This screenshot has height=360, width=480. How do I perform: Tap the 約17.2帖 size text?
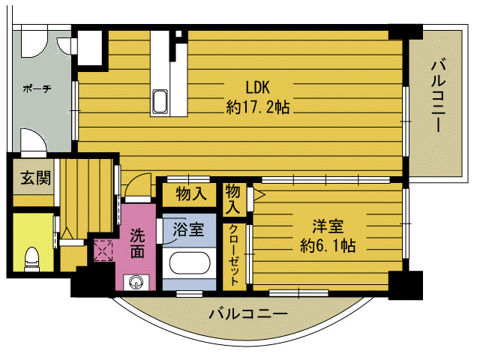[x=258, y=106]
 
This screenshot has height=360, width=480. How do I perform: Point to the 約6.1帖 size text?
[x=328, y=244]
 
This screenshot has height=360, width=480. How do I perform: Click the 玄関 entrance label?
[x=35, y=178]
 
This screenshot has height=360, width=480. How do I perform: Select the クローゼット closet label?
[x=234, y=255]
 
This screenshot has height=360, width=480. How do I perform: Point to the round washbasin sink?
[x=136, y=282]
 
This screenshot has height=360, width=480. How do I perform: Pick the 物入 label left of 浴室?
[x=190, y=194]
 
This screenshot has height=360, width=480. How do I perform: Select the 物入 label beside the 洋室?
[x=234, y=196]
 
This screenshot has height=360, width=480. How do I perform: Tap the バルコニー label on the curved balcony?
[x=248, y=314]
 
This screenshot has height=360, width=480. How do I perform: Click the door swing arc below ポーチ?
[x=33, y=140]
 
